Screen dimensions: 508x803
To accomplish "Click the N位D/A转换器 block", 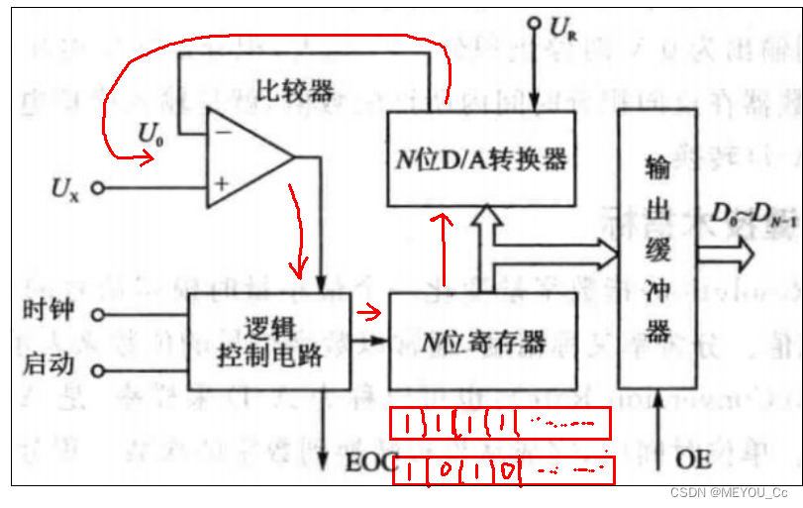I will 481,157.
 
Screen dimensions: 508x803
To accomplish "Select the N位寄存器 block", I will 482,343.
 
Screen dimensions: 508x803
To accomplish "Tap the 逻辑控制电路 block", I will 269,343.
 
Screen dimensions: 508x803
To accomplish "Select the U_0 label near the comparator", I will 151,131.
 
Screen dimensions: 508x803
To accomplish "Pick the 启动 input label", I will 47,365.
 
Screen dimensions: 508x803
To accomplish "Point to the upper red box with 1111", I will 500,424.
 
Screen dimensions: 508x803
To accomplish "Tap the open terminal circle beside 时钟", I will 98,316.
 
